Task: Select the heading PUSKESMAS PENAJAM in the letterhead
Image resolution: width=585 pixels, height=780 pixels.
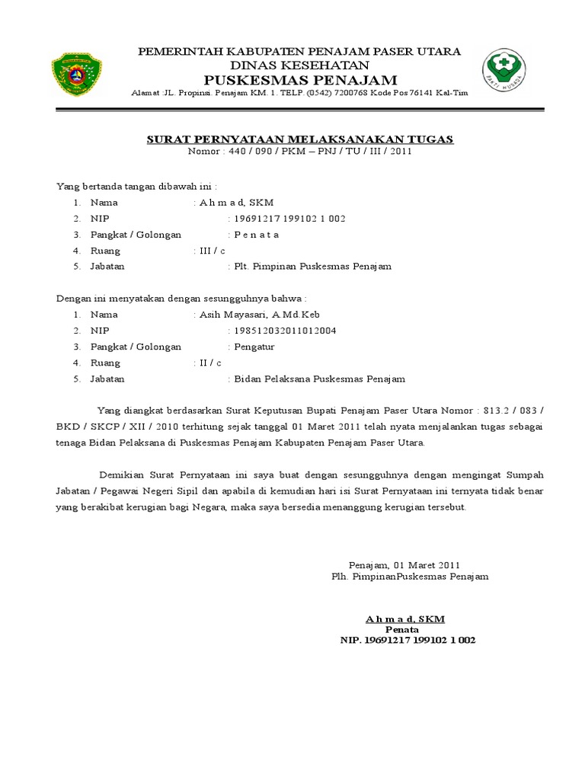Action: tap(300, 80)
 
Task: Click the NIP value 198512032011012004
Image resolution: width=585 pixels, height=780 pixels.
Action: tap(286, 331)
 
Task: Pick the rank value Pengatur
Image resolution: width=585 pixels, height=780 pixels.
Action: tap(254, 347)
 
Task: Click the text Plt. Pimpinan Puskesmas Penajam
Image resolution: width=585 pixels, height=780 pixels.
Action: tap(312, 267)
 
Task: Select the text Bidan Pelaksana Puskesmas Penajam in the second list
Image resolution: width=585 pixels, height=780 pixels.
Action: tap(320, 379)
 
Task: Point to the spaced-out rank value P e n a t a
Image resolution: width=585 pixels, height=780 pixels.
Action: tap(256, 235)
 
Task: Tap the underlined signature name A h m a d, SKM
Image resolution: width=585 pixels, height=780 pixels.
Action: tap(404, 619)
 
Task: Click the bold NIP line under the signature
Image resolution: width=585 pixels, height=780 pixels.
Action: tap(407, 641)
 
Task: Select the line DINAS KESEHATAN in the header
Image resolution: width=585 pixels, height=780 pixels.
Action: tap(299, 65)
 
